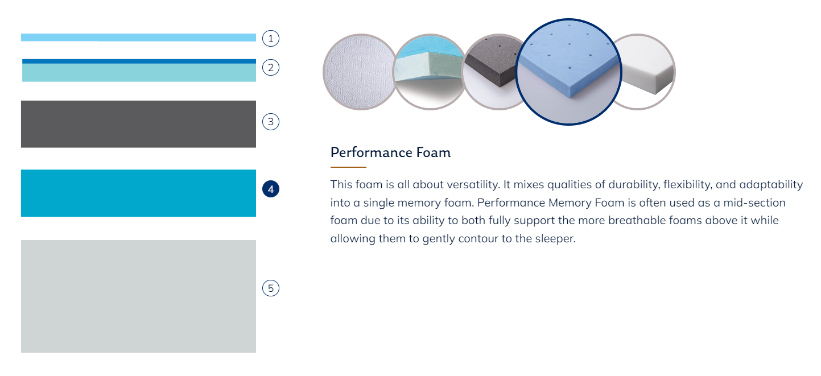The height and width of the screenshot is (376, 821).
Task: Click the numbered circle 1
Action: [x=270, y=39]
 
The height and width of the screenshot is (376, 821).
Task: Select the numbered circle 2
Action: [x=270, y=68]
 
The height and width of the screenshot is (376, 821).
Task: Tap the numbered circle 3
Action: [x=270, y=122]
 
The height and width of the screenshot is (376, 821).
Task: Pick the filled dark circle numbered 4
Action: [x=270, y=189]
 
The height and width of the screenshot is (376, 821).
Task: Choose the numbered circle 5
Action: [x=270, y=288]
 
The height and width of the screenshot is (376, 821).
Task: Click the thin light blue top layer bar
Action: [x=139, y=38]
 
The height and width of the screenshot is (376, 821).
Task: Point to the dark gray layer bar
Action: [x=139, y=124]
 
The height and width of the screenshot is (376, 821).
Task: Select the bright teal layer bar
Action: [x=139, y=193]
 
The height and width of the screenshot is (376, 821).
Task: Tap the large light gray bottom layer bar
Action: [x=139, y=296]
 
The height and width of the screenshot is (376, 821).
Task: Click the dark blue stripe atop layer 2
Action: [x=139, y=61]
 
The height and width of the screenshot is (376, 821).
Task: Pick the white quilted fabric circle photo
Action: [x=359, y=72]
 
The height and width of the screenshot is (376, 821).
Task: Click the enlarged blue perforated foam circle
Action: [x=568, y=72]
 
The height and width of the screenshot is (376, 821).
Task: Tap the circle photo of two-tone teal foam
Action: [x=430, y=72]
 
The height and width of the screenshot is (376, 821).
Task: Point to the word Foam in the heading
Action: [x=434, y=152]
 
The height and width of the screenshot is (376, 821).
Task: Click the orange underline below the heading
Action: [x=348, y=167]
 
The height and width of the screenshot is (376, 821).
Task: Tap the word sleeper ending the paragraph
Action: [x=555, y=238]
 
